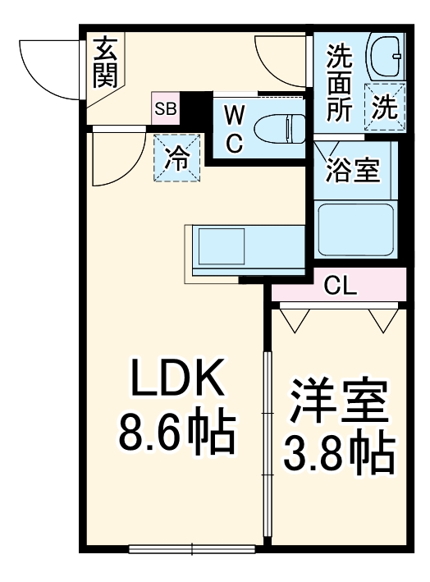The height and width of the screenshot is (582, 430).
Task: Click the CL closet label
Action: coord(338,285)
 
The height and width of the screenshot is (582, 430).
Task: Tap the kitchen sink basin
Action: coord(219,245)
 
